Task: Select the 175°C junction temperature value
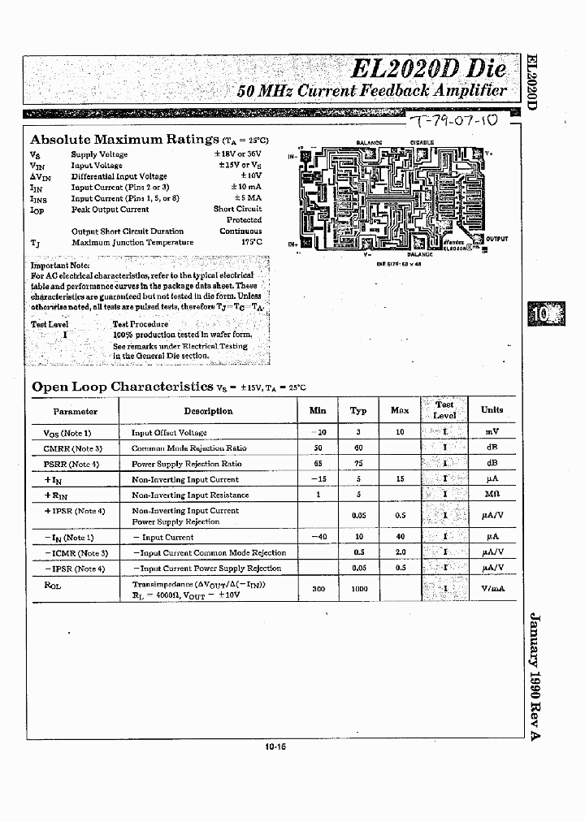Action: [251, 242]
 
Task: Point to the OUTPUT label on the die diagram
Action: [496, 239]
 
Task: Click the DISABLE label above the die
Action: [422, 142]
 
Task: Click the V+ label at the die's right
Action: [489, 153]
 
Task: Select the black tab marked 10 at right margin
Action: [539, 313]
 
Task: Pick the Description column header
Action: [208, 411]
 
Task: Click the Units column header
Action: [492, 410]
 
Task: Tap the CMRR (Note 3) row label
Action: [72, 448]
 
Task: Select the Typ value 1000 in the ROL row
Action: [358, 589]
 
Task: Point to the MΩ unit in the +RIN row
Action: [491, 495]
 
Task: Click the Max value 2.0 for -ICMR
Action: [400, 552]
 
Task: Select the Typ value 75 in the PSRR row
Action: [358, 464]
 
